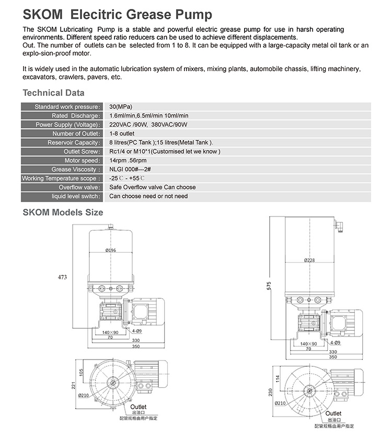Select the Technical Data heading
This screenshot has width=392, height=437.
pos(53,93)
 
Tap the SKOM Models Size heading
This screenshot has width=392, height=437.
pos(63,212)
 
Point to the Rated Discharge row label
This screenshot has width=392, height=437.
pos(75,116)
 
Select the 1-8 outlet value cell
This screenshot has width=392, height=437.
pos(122,133)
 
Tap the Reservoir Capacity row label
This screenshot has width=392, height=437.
pos(73,142)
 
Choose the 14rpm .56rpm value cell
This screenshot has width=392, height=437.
pos(128,160)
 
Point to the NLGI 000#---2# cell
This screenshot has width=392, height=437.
pos(131,170)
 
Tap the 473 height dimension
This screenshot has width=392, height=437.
pos(63,277)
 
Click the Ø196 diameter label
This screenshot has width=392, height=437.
pos(111,251)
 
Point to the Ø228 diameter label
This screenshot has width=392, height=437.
pos(310,260)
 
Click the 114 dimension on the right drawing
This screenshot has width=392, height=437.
pos(277,378)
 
